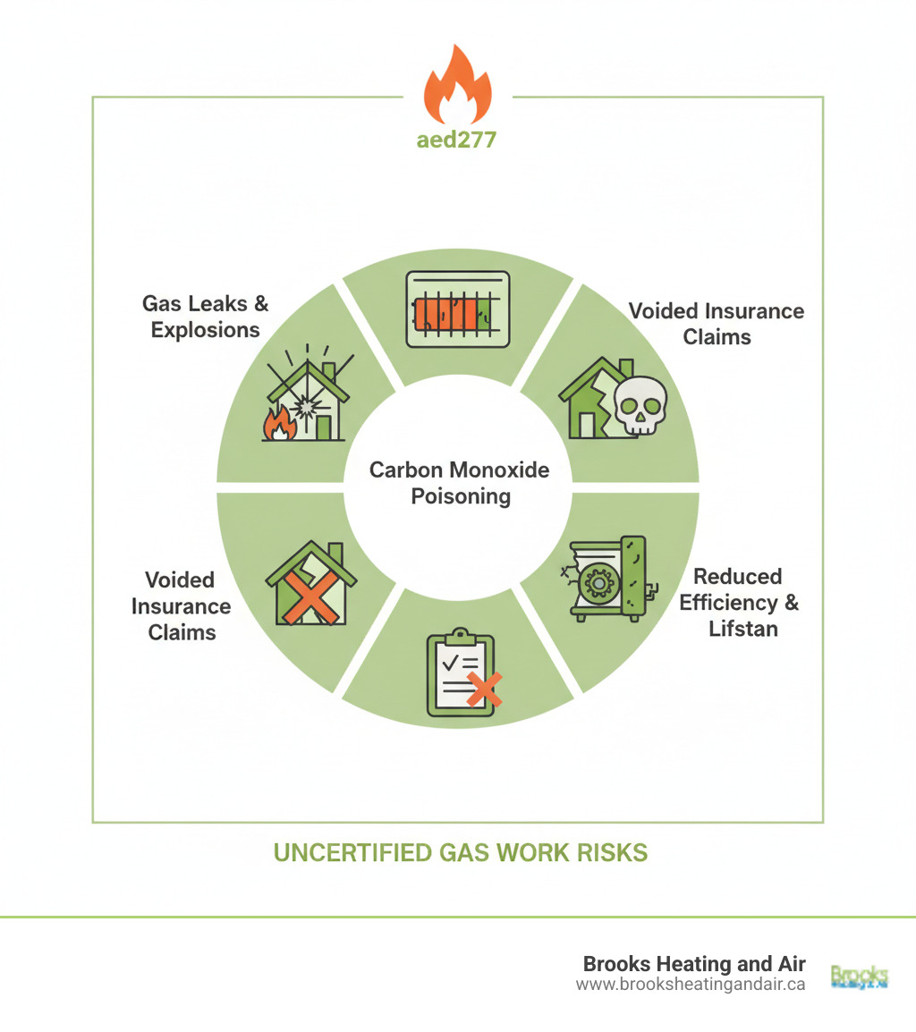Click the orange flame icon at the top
pos(457,86)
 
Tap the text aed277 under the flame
pos(457,140)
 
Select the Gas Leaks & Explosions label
pos(205,317)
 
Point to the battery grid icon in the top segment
pos(457,309)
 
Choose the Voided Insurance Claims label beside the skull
pos(716,323)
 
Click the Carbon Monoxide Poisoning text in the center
pos(460,483)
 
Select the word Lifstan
pos(742,628)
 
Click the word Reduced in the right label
pos(738,576)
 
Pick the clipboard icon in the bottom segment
pos(460,672)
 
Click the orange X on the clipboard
pos(484,689)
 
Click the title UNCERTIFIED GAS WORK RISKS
pos(460,852)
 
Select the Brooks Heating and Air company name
pos(693,964)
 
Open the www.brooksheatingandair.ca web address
pos(691,985)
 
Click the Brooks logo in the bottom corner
pos(859,975)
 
